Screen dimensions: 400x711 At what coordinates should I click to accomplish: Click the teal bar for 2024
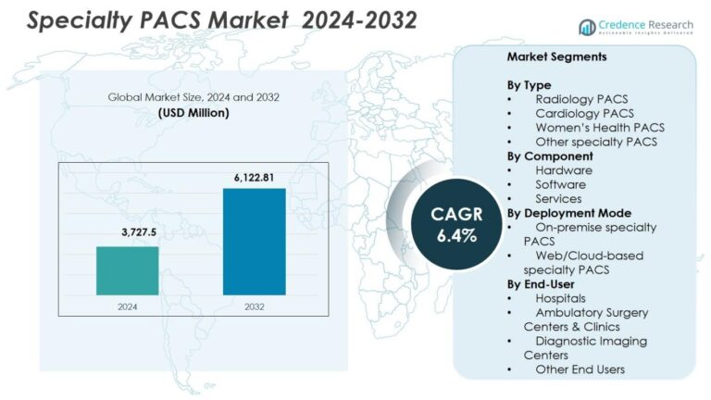tap(127, 269)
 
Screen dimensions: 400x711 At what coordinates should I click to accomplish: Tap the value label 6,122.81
tap(254, 176)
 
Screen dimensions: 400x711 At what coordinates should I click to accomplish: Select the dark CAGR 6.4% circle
tap(456, 225)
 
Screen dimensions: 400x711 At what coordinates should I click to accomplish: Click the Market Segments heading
tap(556, 56)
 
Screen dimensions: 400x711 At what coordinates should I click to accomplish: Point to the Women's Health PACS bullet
tap(599, 127)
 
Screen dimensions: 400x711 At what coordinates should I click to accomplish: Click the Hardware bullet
tap(563, 170)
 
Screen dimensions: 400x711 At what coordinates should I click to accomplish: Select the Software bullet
tap(561, 184)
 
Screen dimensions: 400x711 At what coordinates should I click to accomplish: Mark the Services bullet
tap(558, 198)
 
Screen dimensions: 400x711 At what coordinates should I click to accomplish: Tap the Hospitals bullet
tap(560, 298)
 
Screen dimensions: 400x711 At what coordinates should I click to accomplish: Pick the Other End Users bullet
tap(580, 369)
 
